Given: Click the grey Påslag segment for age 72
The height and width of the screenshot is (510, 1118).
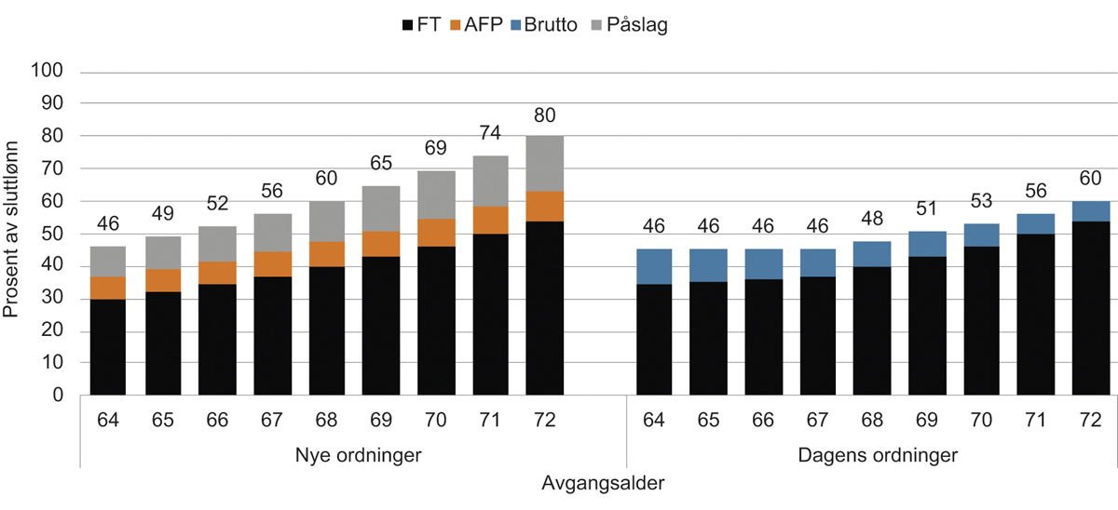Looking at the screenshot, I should pos(544,164).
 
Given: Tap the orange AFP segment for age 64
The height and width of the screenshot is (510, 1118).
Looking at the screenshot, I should pos(108,288).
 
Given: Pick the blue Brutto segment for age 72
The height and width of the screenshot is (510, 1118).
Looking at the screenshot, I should pos(1089,211).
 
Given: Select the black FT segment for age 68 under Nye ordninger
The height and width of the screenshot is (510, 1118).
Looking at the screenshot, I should pos(326,330).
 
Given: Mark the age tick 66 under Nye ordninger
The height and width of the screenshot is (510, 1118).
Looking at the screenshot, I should pos(217,420).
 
